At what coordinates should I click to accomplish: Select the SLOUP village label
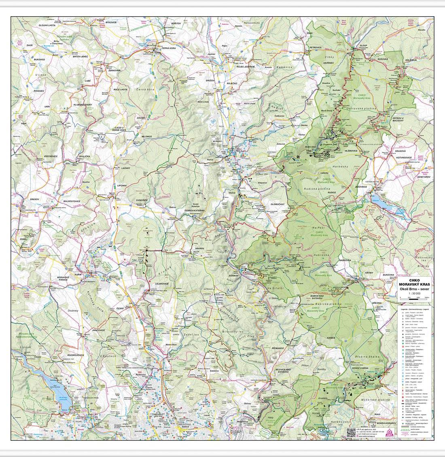point(363,46)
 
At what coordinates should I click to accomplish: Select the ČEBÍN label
point(23,239)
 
